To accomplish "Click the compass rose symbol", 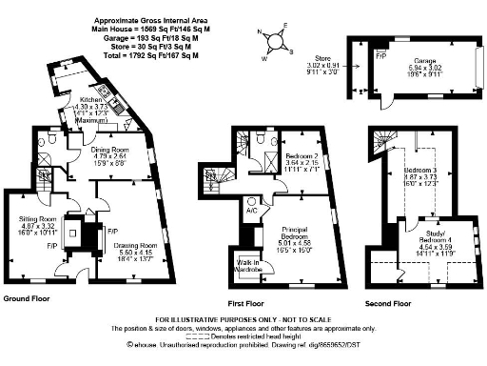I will tap(276, 41).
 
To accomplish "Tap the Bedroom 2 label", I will tap(303, 158).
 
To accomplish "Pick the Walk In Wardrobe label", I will tap(249, 268).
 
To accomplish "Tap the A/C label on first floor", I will tap(251, 200).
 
